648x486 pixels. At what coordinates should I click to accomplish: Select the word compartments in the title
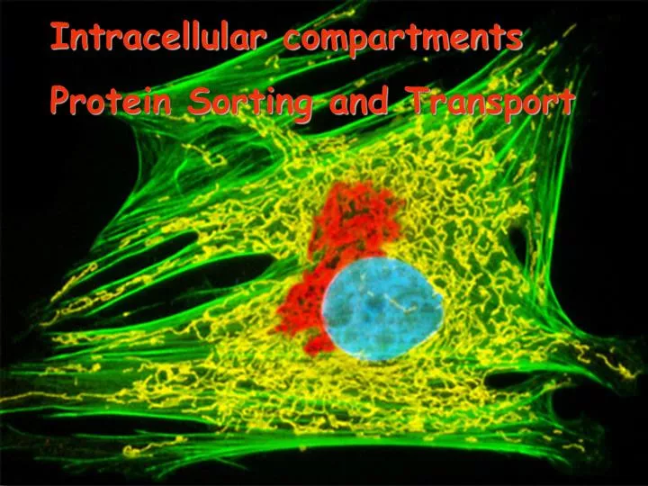[401, 39]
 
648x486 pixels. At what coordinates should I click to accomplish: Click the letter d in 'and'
[384, 101]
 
